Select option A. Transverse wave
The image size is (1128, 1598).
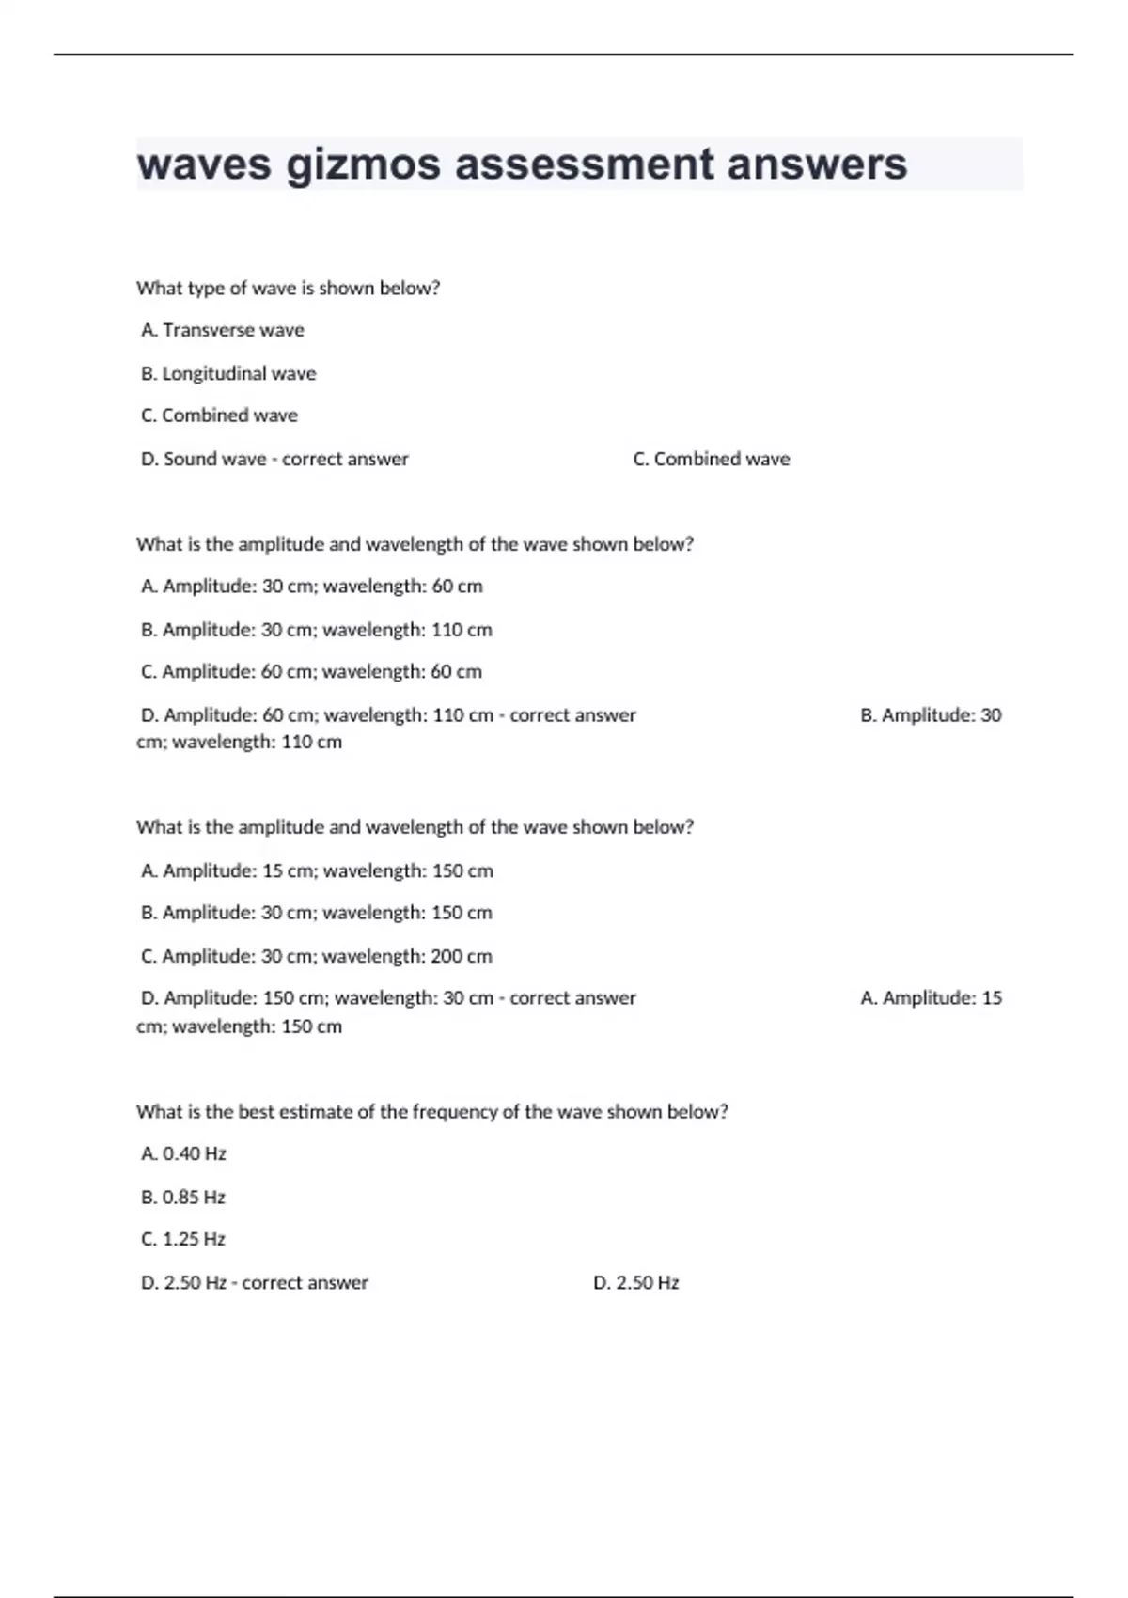[223, 330]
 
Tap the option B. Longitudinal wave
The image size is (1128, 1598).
[228, 373]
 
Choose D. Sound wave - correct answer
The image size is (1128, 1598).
[274, 459]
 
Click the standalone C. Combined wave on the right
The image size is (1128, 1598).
[712, 459]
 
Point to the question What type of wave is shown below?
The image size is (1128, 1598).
[288, 288]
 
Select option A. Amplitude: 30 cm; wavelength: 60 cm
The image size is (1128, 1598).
[311, 586]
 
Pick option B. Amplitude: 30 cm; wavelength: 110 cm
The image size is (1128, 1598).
[316, 629]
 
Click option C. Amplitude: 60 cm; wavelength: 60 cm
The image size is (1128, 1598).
[311, 671]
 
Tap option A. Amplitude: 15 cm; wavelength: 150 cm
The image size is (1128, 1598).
[317, 870]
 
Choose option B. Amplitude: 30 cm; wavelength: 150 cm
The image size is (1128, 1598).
[316, 912]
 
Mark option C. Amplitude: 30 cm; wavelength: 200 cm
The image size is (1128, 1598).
[316, 956]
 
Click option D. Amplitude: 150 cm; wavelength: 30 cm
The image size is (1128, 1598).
[317, 997]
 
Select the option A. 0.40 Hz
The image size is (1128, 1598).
[183, 1153]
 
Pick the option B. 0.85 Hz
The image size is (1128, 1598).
[183, 1197]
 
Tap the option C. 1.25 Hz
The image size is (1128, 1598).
[183, 1239]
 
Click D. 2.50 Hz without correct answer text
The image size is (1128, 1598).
[635, 1282]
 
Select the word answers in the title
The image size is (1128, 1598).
[817, 164]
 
